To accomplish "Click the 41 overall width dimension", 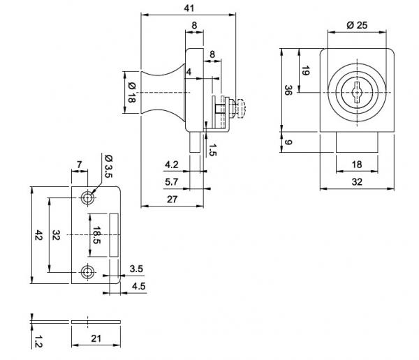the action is (x=189, y=8).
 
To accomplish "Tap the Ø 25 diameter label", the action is (x=357, y=25).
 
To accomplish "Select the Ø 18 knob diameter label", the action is (x=132, y=92).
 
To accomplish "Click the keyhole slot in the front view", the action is (x=356, y=93).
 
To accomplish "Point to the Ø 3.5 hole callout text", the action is (x=109, y=166).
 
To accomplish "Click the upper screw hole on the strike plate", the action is (x=87, y=198).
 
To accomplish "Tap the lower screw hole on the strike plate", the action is (x=87, y=272).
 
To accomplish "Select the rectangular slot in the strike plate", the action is (x=114, y=235).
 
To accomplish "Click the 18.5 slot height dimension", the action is (x=96, y=235).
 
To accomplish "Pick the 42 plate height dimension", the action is (x=38, y=235).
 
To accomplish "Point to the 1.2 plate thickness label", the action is (x=38, y=342).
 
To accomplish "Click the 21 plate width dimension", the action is (x=96, y=338).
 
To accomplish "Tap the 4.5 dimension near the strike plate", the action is (x=139, y=286).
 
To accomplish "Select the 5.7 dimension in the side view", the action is (x=171, y=182).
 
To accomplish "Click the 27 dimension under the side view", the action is (x=172, y=200).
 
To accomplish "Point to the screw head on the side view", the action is (x=241, y=108).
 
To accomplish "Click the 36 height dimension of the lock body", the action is (x=288, y=90).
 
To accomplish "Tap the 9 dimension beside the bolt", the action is (x=288, y=142).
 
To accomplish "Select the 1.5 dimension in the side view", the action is (x=212, y=150).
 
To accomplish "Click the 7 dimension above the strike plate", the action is (x=79, y=165).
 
